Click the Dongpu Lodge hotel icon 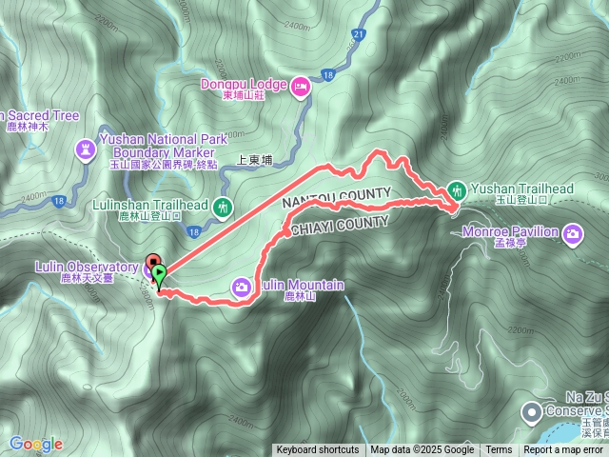(x=301, y=88)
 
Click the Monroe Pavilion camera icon (x=573, y=232)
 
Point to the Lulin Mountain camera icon (x=243, y=286)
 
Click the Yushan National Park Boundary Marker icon (x=88, y=149)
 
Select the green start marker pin (x=159, y=277)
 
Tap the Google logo (x=36, y=444)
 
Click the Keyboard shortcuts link (x=318, y=450)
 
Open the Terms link (x=499, y=450)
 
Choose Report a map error (x=563, y=450)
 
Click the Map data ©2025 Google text (x=422, y=450)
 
